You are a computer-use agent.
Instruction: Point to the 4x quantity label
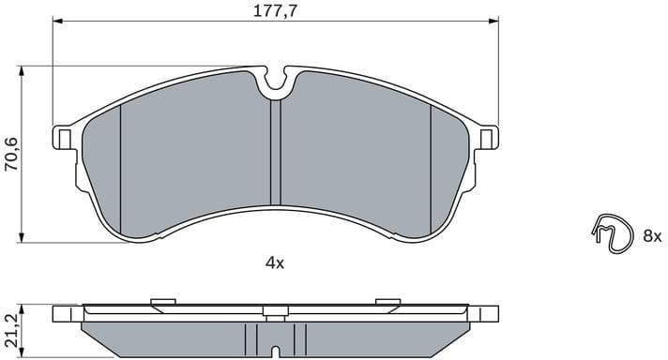(274, 263)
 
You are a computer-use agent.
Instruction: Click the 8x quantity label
(652, 236)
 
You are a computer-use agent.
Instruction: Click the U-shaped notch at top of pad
(275, 82)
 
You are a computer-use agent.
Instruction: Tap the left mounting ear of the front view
(64, 138)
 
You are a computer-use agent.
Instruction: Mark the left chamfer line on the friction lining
(121, 169)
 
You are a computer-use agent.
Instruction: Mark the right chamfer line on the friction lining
(430, 169)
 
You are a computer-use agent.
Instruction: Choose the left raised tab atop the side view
(163, 301)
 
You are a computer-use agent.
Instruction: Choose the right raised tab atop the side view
(387, 301)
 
